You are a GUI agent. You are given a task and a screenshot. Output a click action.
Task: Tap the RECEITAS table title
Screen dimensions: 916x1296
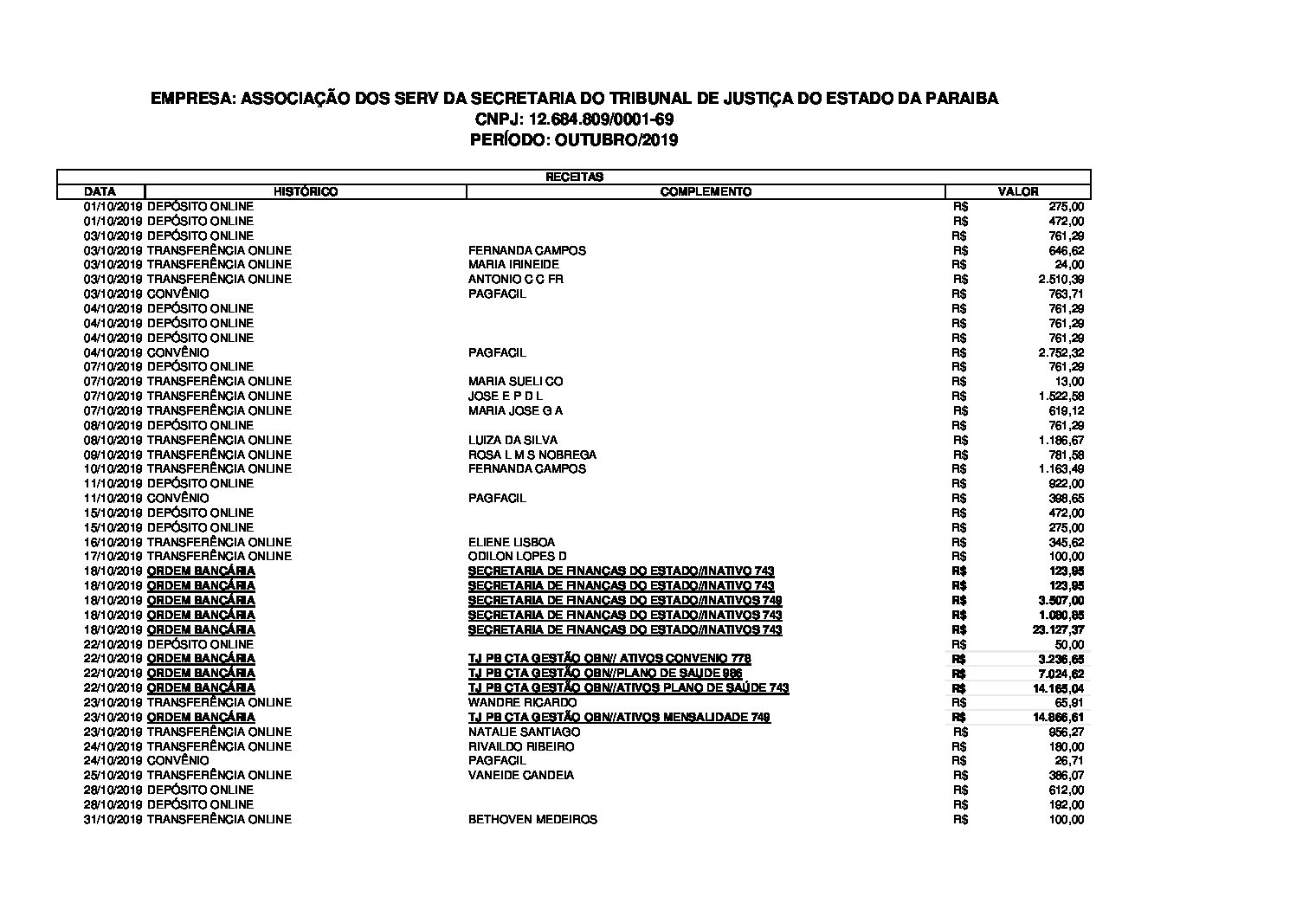574,177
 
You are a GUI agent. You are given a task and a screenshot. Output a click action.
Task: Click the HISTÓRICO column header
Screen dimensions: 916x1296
306,191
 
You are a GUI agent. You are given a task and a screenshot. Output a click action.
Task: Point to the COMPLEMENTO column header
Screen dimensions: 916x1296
706,191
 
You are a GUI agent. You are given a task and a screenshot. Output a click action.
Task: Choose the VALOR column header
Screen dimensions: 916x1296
1018,191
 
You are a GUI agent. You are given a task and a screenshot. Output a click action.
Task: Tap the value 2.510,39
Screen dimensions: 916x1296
1061,279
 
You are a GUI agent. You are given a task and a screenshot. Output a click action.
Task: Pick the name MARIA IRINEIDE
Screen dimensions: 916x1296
513,264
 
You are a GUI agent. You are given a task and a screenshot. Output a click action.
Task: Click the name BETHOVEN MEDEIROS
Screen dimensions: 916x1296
532,819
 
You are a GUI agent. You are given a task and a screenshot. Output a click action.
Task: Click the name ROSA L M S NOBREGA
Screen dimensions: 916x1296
532,455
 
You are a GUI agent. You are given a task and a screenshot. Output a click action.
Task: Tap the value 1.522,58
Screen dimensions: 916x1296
1061,396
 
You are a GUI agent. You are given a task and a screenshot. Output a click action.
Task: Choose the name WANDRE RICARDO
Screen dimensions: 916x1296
522,702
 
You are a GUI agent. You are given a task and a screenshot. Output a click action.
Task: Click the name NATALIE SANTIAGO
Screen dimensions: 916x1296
525,732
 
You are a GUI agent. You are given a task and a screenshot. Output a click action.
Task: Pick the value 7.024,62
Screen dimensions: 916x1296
1061,674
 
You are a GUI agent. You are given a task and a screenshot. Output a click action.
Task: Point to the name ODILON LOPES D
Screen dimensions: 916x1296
518,556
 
